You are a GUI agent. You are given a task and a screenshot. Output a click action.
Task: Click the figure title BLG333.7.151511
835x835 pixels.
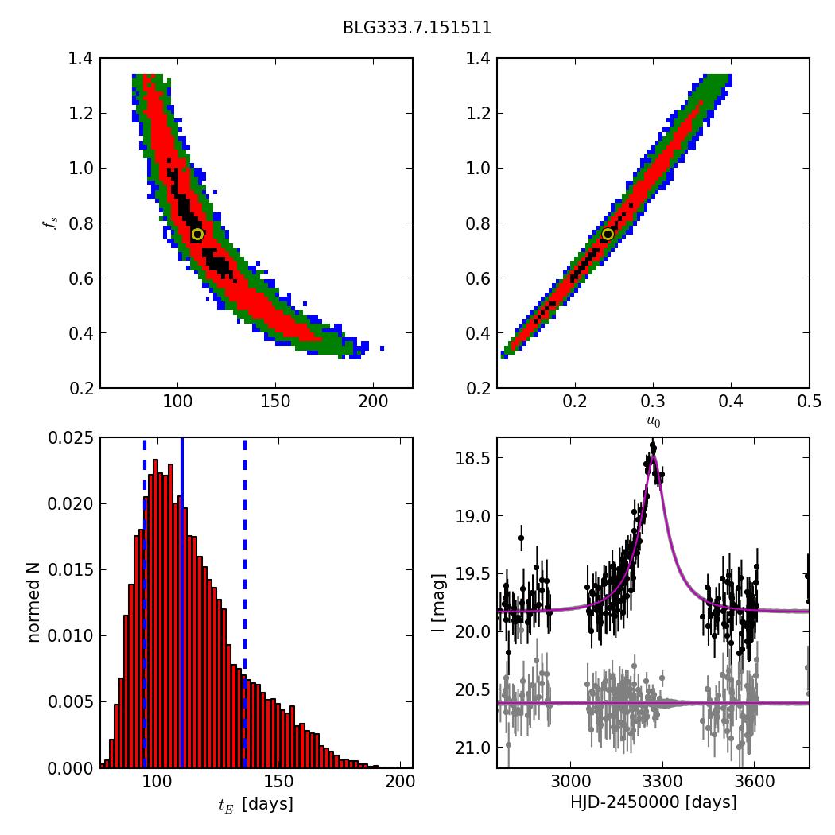[x=417, y=28]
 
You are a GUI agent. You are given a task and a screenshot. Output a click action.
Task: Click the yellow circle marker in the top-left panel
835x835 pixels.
[x=197, y=234]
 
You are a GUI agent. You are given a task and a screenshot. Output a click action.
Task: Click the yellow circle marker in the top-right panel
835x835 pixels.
[x=608, y=234]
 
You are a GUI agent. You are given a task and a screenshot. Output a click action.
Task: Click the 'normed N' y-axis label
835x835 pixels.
[x=34, y=603]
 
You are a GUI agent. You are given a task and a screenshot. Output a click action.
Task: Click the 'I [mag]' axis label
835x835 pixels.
[x=438, y=603]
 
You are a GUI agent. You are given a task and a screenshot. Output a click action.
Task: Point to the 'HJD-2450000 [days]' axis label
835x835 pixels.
[x=653, y=802]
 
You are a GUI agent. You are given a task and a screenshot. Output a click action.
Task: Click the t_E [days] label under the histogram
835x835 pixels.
[x=255, y=804]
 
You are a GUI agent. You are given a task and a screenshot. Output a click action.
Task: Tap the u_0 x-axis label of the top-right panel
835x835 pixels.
[x=653, y=422]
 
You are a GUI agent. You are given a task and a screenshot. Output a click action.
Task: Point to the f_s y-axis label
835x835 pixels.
[x=50, y=223]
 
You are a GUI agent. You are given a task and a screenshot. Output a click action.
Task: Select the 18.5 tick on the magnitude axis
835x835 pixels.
[x=472, y=458]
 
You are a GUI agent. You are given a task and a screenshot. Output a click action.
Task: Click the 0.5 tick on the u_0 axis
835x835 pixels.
[x=809, y=402]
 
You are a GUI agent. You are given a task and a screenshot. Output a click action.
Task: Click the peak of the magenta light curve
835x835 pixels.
[x=652, y=456]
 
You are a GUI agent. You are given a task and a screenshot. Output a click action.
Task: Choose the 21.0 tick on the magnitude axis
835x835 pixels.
[x=472, y=748]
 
